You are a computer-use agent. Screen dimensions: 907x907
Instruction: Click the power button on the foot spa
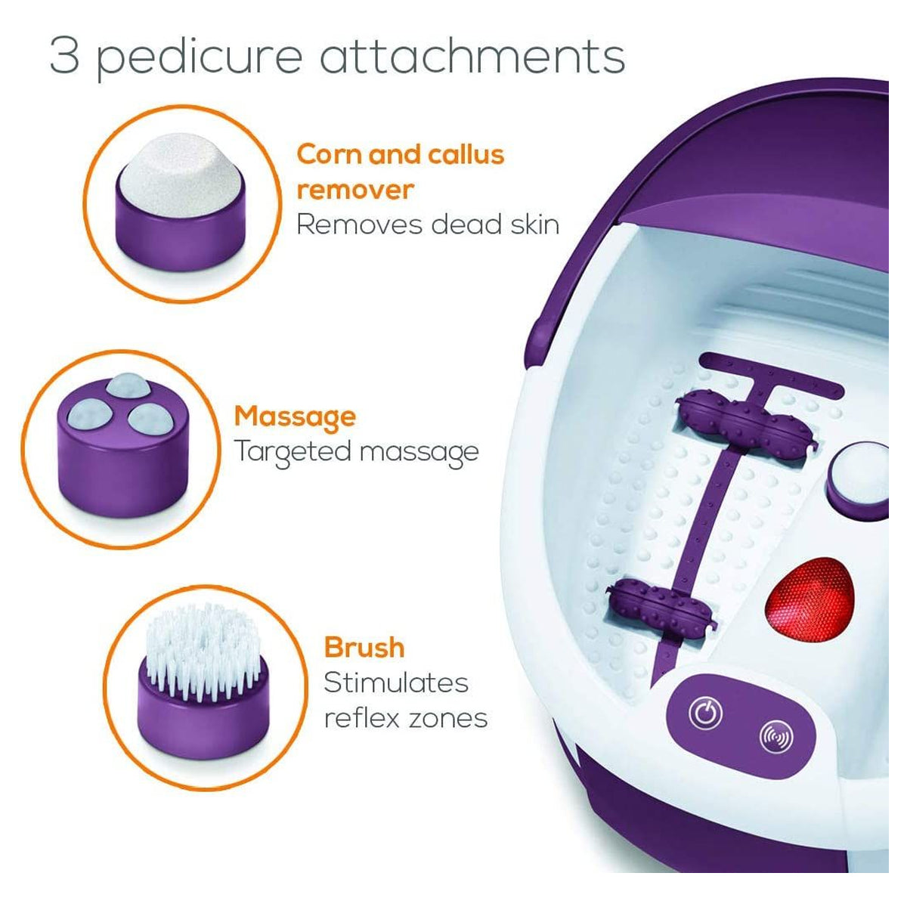click(704, 712)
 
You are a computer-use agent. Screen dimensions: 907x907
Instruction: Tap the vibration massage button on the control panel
click(775, 735)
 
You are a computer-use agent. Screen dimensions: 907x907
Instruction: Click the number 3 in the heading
click(65, 56)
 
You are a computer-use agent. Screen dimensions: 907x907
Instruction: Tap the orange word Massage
click(295, 416)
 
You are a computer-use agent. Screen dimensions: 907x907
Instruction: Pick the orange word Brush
click(364, 648)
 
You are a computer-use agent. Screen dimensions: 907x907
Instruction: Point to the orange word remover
click(354, 189)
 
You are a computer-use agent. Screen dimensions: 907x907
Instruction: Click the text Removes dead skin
click(427, 224)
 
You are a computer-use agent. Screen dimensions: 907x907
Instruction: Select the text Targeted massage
click(356, 452)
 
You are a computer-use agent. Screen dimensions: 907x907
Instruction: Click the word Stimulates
click(396, 683)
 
